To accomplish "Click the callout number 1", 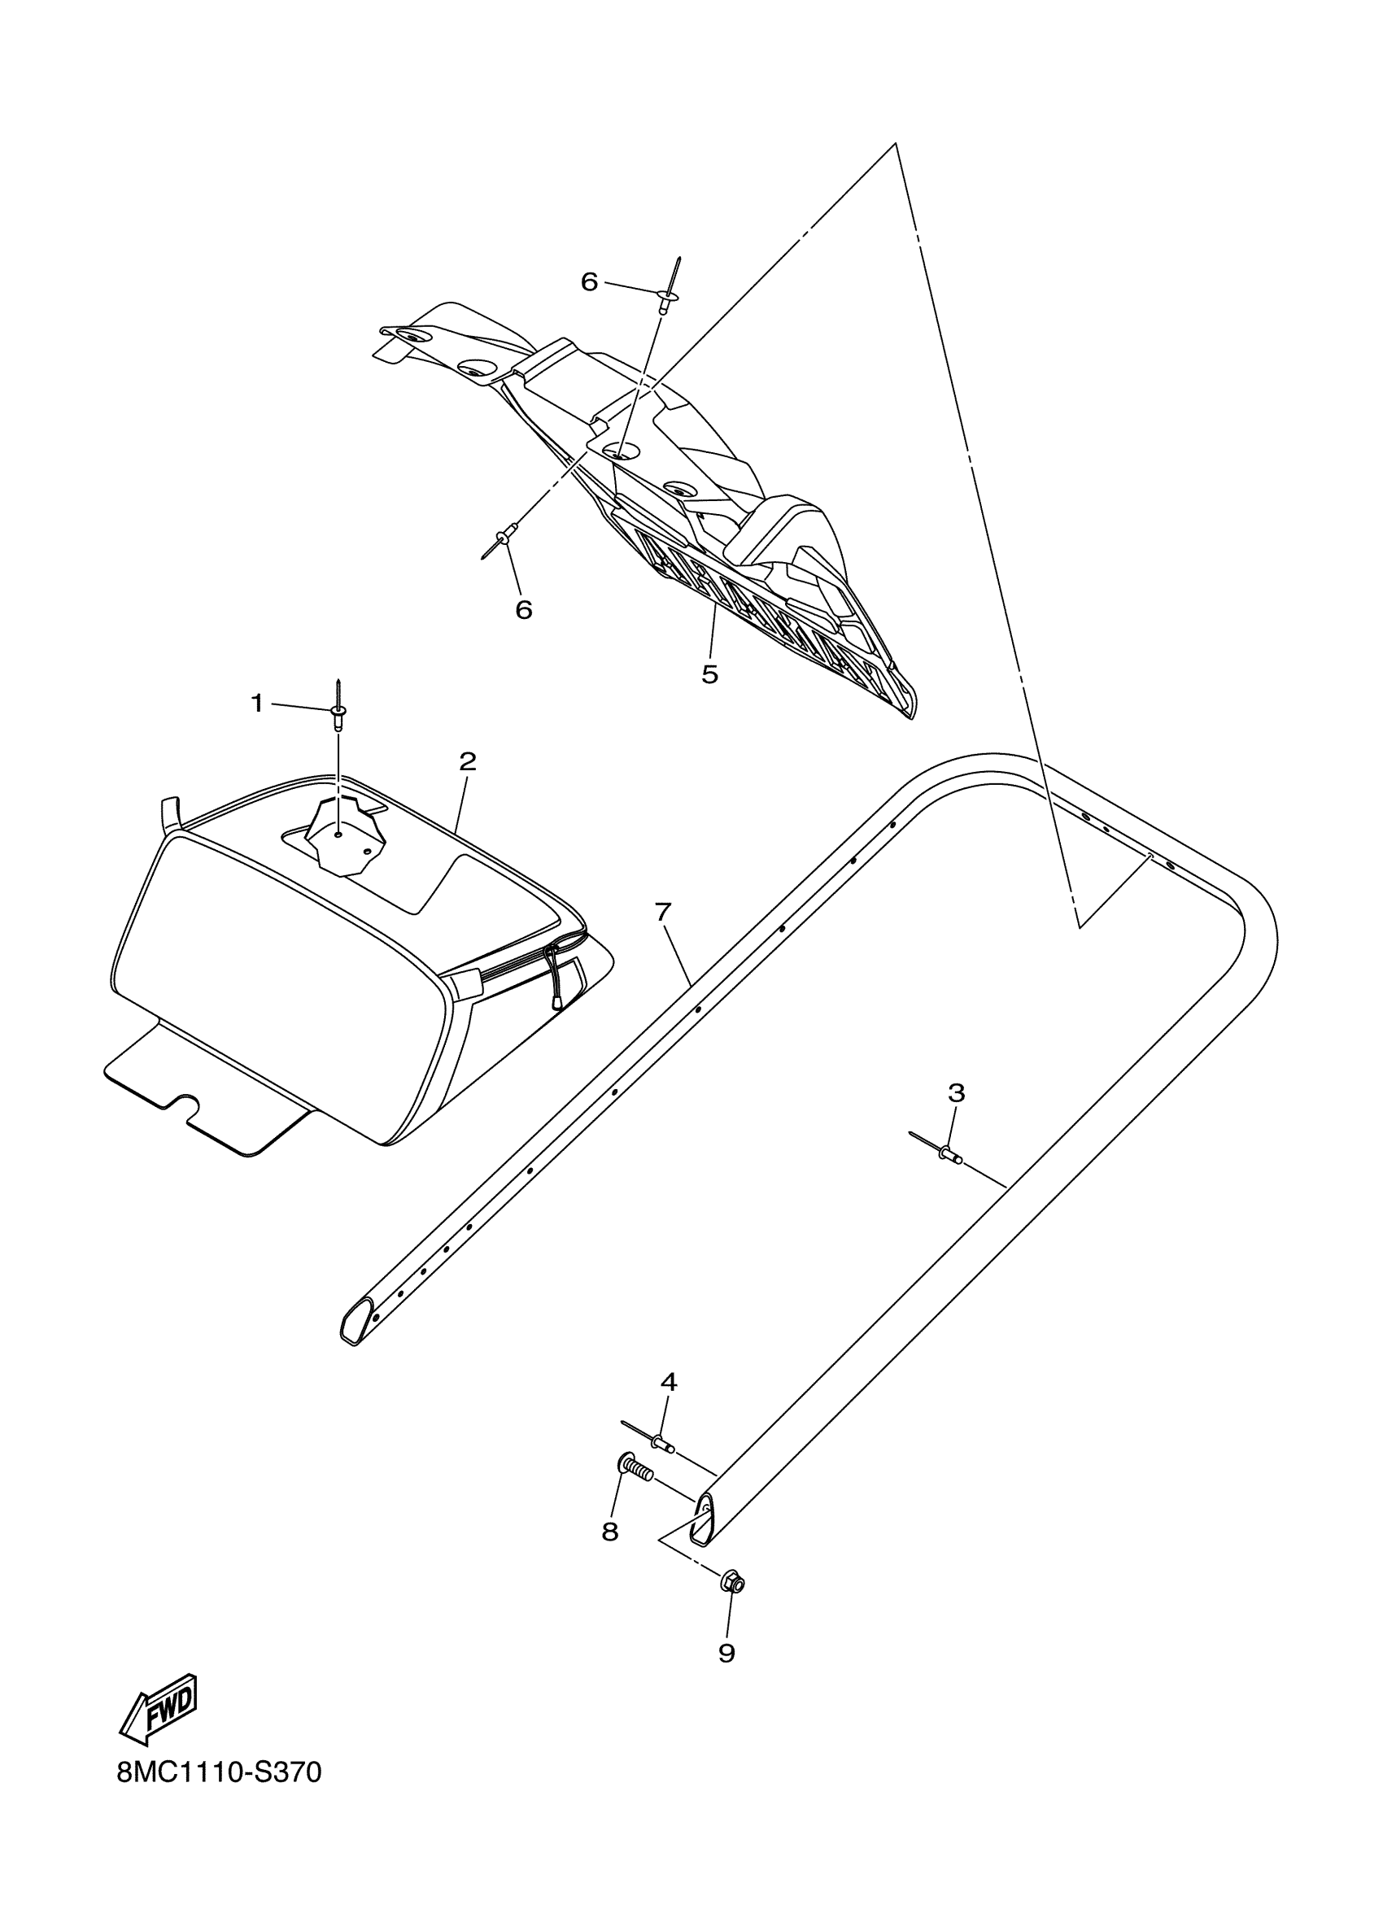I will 258,702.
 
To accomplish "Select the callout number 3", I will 956,1093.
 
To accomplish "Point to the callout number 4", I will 669,1382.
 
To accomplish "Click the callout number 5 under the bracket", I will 709,673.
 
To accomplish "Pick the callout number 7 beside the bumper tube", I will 662,911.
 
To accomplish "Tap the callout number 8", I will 609,1532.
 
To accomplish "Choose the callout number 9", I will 726,1653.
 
